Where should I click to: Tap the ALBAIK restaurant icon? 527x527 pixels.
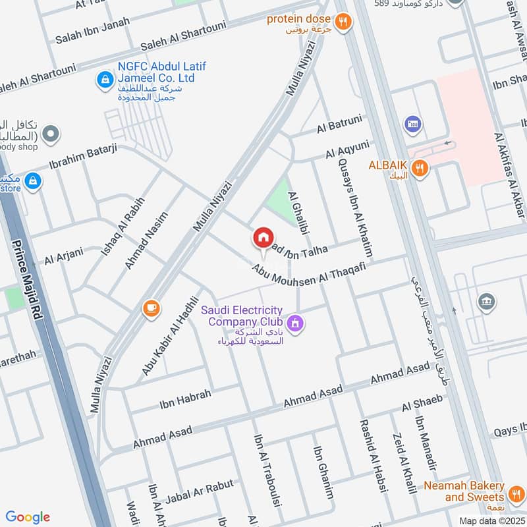pyautogui.click(x=420, y=169)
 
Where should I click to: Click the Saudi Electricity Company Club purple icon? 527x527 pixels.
pyautogui.click(x=294, y=323)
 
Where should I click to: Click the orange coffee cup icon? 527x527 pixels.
pyautogui.click(x=151, y=308)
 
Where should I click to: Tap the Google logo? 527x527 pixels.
pyautogui.click(x=28, y=517)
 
